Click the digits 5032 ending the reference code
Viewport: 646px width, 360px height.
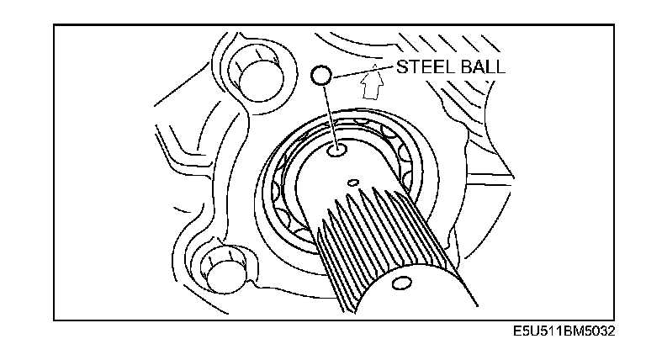(600, 332)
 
